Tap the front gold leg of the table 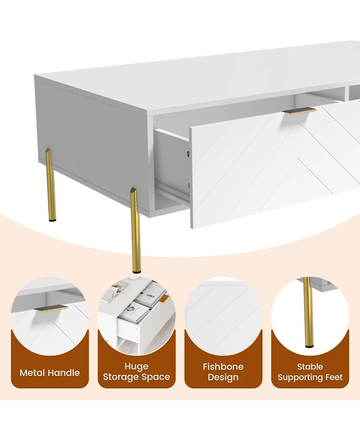point(136,230)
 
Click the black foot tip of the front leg point(137,272)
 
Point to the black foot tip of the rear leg point(53,220)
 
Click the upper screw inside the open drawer point(189,154)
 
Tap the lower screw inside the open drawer point(189,185)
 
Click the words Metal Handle point(49,372)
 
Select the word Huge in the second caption point(136,367)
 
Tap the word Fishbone point(223,367)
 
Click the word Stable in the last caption point(310,367)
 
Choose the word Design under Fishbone point(223,377)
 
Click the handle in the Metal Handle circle point(51,308)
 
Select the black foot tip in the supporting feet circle point(309,347)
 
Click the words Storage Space point(136,377)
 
